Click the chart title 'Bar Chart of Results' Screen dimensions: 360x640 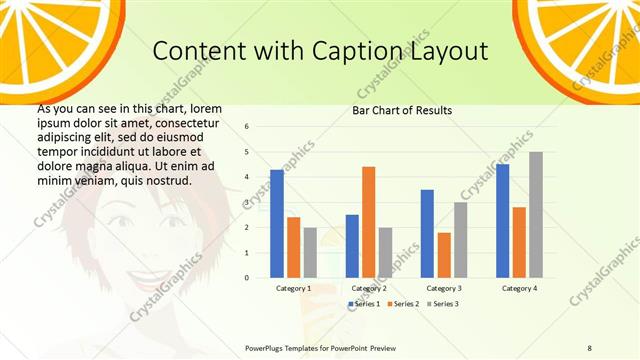click(402, 110)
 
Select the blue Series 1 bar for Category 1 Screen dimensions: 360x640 click(277, 223)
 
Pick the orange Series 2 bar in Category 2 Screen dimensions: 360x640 click(368, 222)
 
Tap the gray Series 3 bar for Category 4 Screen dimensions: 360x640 click(535, 215)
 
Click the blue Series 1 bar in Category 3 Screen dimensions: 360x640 click(427, 233)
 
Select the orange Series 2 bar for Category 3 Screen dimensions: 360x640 click(443, 255)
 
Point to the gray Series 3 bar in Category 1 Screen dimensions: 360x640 click(310, 252)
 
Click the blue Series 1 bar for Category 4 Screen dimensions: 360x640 click(502, 221)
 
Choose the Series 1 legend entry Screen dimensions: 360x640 click(365, 303)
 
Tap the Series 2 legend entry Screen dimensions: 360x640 click(404, 303)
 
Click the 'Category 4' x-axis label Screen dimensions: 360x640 click(518, 288)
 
